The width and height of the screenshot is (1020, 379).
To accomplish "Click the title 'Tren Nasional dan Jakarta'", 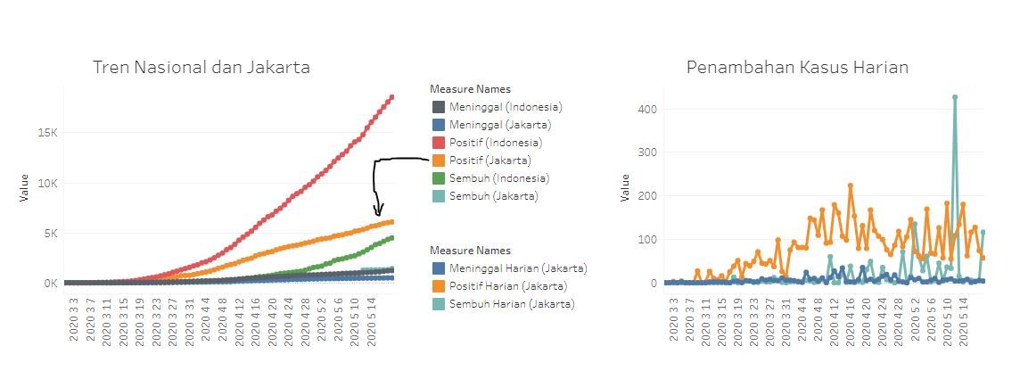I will tap(202, 67).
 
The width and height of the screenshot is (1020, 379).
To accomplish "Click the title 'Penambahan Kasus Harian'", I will tap(797, 67).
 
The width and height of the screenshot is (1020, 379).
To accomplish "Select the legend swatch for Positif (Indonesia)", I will tap(438, 143).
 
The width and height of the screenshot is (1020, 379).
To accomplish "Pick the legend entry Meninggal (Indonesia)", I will tap(505, 107).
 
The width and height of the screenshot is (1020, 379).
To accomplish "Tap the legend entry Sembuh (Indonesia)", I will tap(498, 178).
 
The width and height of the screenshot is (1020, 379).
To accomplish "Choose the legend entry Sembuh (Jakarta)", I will tap(493, 196).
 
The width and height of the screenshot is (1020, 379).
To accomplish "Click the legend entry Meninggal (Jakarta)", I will tap(499, 125).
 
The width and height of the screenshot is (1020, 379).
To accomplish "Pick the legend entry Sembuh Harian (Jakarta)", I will tap(511, 304).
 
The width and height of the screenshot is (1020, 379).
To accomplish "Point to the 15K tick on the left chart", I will tap(45, 133).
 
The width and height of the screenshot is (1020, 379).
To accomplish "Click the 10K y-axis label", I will tap(45, 183).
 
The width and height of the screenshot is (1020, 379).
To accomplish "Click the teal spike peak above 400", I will tap(955, 97).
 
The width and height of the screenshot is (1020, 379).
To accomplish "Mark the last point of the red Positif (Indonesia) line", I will tap(391, 97).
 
